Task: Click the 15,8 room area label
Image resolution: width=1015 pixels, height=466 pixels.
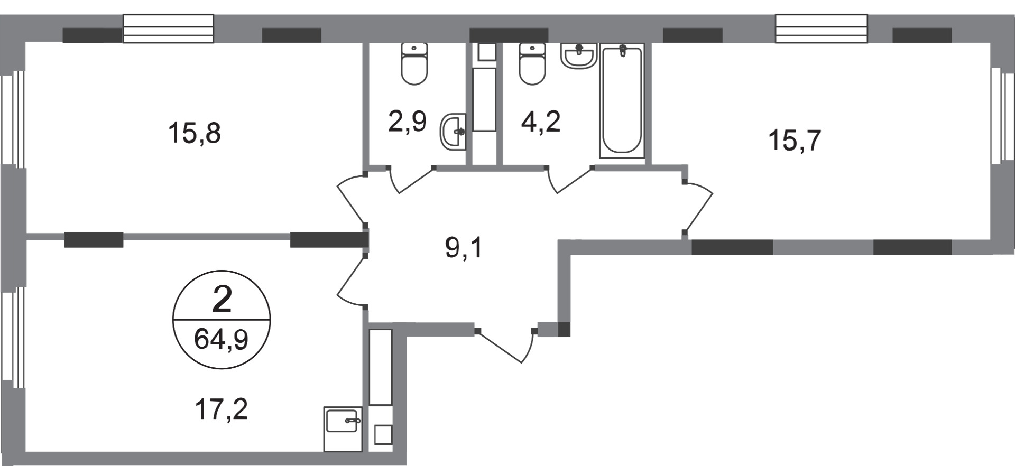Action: coord(194,133)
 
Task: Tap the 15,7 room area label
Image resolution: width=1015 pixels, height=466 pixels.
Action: coord(794,141)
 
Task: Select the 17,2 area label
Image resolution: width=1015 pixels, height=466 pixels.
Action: coord(221,409)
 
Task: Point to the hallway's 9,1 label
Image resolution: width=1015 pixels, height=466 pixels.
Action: coord(464,248)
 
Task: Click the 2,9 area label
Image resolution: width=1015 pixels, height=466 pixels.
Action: coord(407,122)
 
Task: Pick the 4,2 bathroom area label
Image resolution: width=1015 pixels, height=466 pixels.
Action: coord(540,122)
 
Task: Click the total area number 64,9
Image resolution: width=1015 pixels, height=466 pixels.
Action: coord(221,339)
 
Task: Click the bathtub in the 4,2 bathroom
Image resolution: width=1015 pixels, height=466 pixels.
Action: coord(622,100)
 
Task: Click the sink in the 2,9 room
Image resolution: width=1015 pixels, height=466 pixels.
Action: coord(453,131)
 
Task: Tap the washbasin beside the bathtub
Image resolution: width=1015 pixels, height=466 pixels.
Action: coord(579,56)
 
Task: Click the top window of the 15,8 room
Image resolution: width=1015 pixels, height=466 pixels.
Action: coord(168,29)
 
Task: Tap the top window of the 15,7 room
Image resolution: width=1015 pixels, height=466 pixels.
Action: coord(821,29)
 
